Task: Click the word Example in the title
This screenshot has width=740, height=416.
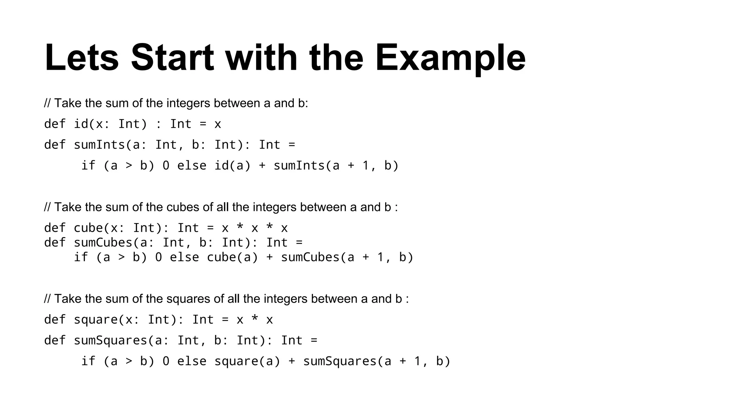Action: (450, 58)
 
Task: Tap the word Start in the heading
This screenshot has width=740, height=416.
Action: (172, 58)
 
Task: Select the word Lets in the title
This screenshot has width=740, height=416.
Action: (82, 58)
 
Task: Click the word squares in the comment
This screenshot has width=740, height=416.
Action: (185, 299)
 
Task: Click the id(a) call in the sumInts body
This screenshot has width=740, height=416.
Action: (232, 166)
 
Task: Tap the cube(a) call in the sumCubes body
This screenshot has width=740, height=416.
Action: (232, 257)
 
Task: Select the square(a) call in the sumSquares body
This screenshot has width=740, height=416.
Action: (247, 361)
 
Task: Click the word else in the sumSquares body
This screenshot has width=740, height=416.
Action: (192, 361)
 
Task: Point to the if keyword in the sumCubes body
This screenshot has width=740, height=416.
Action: (81, 257)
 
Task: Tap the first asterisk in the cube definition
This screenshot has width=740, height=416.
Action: (240, 227)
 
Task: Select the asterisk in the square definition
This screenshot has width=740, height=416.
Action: (254, 319)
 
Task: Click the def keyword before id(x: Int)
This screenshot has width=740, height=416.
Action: (55, 124)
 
